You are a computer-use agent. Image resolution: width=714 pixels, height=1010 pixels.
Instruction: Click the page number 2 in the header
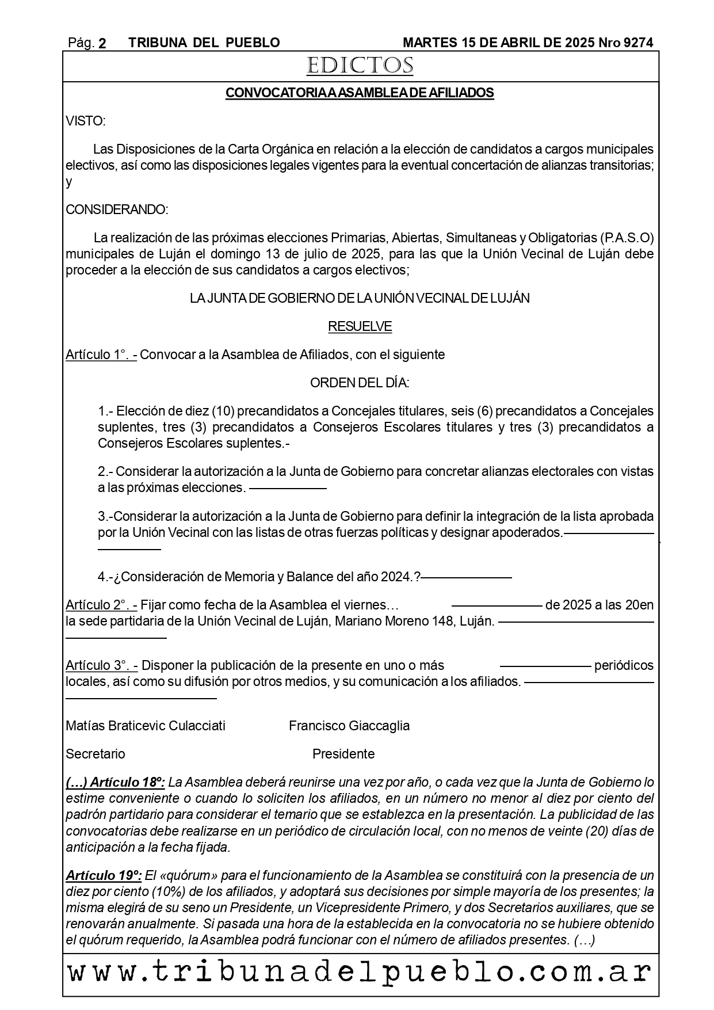pyautogui.click(x=102, y=43)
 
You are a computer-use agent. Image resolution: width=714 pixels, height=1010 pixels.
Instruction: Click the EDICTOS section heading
pyautogui.click(x=360, y=66)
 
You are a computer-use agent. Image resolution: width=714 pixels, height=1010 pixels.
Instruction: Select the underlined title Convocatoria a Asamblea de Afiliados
pyautogui.click(x=360, y=93)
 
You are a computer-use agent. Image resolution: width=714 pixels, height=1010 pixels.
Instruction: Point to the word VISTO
pyautogui.click(x=85, y=121)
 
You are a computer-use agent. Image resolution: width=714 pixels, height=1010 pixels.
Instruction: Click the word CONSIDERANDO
pyautogui.click(x=117, y=209)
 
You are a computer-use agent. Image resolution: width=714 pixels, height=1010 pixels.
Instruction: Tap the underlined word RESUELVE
pyautogui.click(x=360, y=327)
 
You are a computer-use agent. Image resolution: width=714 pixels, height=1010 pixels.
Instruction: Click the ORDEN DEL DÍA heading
pyautogui.click(x=360, y=383)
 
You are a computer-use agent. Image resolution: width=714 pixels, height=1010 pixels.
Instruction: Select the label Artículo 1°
pyautogui.click(x=101, y=355)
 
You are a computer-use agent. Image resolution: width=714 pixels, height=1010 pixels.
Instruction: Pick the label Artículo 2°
pyautogui.click(x=101, y=605)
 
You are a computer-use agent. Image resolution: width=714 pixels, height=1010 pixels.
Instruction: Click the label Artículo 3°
pyautogui.click(x=101, y=665)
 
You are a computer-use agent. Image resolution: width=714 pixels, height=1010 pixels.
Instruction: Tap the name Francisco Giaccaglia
pyautogui.click(x=349, y=726)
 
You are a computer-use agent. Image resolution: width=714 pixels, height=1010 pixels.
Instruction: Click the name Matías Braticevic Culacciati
pyautogui.click(x=146, y=726)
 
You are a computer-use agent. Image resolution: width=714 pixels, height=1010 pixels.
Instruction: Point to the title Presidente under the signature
pyautogui.click(x=343, y=754)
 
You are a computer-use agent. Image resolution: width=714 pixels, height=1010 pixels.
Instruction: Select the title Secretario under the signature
pyautogui.click(x=96, y=754)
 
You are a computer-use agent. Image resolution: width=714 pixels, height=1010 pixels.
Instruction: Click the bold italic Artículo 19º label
pyautogui.click(x=104, y=876)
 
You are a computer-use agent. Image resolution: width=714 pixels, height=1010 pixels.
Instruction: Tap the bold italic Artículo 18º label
pyautogui.click(x=116, y=783)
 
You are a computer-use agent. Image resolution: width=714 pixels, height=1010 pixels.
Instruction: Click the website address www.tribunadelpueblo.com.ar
pyautogui.click(x=360, y=972)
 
